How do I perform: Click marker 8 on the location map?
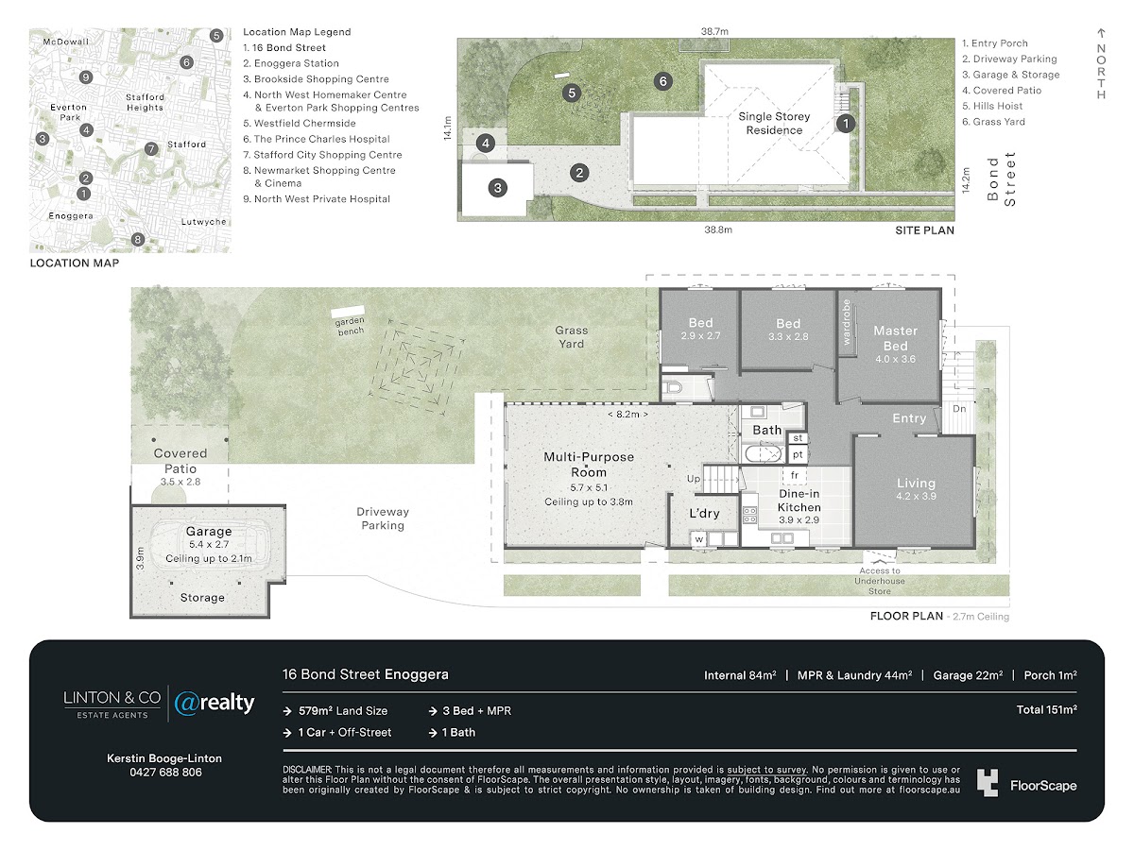click(x=137, y=240)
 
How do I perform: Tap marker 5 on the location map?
click(x=216, y=36)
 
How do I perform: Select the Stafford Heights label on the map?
click(x=145, y=102)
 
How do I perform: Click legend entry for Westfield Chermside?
click(x=300, y=124)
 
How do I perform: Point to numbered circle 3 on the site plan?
click(x=497, y=188)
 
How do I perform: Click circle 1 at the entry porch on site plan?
click(x=846, y=124)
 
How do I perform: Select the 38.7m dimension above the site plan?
click(x=714, y=31)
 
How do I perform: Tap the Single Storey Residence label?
click(x=774, y=124)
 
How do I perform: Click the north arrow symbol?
click(x=1101, y=33)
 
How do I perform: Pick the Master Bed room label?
click(x=895, y=338)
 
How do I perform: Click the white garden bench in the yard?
click(x=348, y=312)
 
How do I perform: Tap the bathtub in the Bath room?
click(x=763, y=453)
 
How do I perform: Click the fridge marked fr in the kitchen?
click(x=795, y=475)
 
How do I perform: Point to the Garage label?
click(x=209, y=531)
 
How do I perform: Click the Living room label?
click(x=916, y=483)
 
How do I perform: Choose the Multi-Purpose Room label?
click(x=589, y=465)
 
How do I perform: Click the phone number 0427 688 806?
click(x=165, y=772)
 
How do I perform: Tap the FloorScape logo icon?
click(x=987, y=783)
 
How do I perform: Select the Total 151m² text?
click(x=1047, y=709)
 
